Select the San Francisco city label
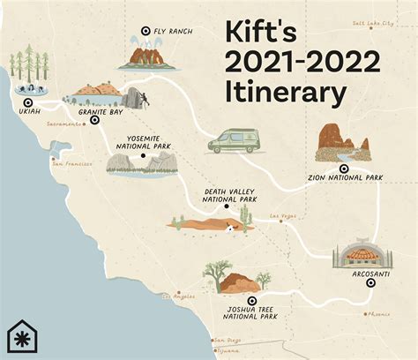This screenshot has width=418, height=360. click(x=71, y=163)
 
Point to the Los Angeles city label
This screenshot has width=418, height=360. click(x=178, y=296)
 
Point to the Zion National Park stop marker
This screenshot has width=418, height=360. click(x=343, y=169)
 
